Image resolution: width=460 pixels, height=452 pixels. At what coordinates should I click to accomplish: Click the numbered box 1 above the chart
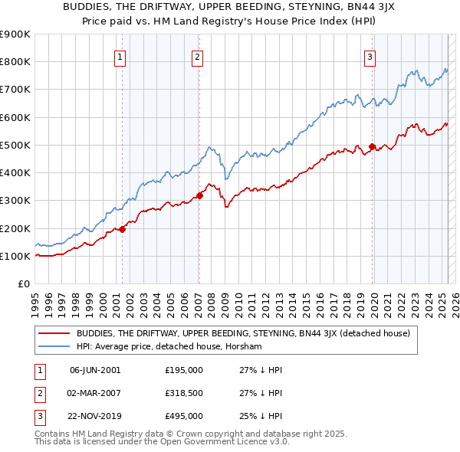(x=121, y=56)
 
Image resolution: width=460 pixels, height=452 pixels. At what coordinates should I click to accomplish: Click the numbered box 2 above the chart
(x=198, y=56)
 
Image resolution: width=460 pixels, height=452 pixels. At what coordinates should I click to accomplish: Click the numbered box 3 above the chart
(x=370, y=56)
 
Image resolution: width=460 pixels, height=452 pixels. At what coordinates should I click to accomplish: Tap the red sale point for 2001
(x=122, y=229)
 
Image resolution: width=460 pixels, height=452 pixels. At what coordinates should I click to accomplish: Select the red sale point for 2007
(x=199, y=195)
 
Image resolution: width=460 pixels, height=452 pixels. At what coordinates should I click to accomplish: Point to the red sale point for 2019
(x=373, y=146)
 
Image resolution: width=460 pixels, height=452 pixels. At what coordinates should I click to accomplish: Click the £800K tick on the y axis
(x=15, y=62)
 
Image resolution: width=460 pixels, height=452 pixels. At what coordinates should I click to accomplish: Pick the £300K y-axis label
(x=15, y=201)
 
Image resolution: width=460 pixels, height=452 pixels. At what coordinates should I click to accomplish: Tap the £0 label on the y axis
(x=23, y=284)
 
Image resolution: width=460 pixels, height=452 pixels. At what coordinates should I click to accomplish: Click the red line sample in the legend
(x=54, y=333)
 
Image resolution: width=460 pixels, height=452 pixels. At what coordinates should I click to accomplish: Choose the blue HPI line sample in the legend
(x=54, y=346)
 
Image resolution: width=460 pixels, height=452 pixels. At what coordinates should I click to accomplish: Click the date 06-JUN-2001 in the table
(x=95, y=370)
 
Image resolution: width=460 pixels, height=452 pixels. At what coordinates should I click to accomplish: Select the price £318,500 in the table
(x=184, y=393)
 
